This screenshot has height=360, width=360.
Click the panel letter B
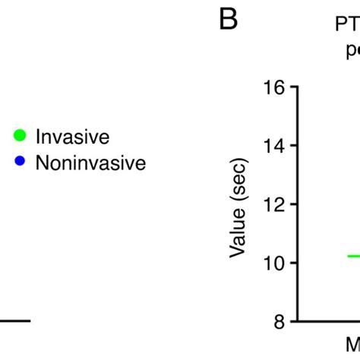[228, 21]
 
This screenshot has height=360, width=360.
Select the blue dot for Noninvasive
[21, 162]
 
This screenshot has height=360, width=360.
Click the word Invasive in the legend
[73, 137]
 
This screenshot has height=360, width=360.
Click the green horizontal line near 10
[352, 256]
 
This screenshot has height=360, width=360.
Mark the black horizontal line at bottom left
[15, 321]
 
